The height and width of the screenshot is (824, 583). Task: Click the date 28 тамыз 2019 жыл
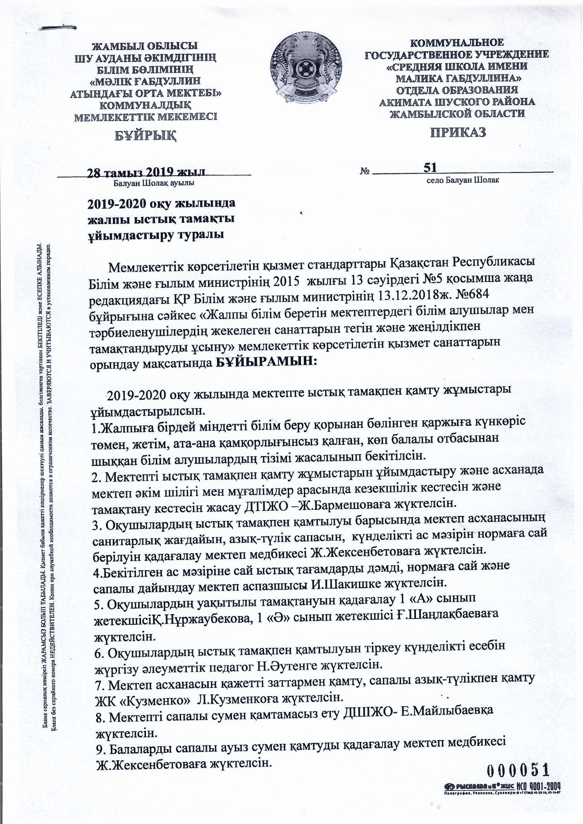(x=146, y=172)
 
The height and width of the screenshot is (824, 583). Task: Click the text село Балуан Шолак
(x=463, y=180)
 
